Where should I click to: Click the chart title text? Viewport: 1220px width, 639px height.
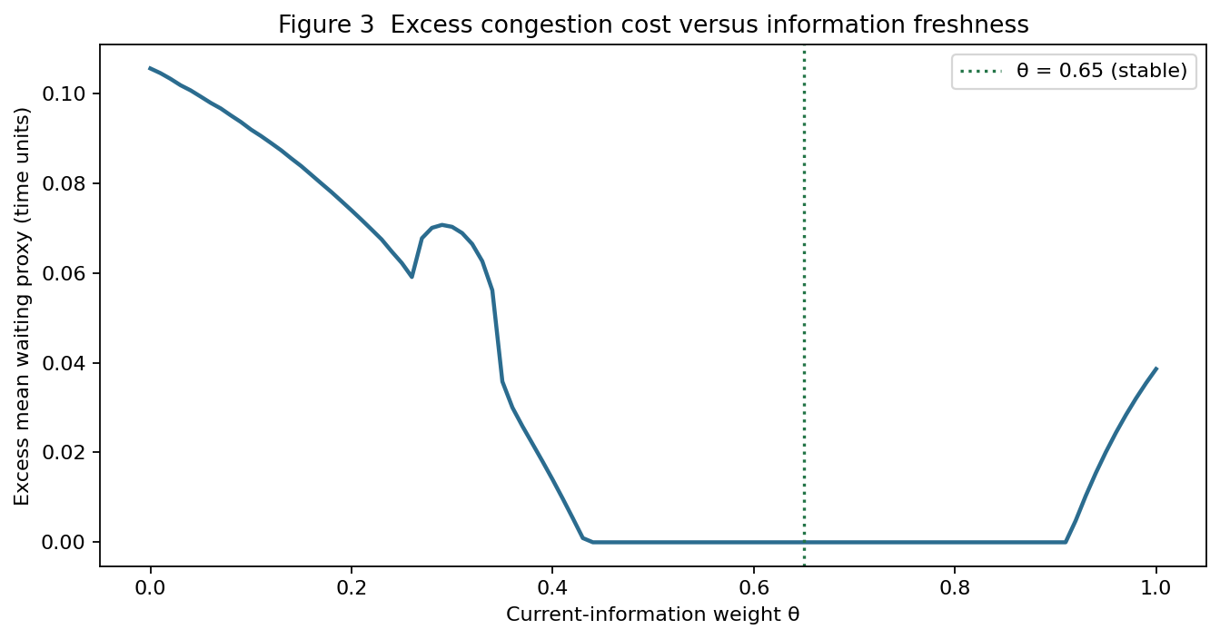(x=653, y=25)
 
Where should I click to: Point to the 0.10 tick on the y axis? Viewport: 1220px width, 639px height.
(x=64, y=93)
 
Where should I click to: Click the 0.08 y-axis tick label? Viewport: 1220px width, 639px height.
(x=64, y=183)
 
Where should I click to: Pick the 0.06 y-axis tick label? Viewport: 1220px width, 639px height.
(x=64, y=273)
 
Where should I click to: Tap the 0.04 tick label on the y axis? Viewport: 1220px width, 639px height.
(x=64, y=362)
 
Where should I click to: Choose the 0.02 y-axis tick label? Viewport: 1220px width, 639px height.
(x=64, y=452)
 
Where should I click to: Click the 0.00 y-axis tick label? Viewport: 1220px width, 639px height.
(x=64, y=542)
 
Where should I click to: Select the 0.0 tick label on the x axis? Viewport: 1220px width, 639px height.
(x=150, y=588)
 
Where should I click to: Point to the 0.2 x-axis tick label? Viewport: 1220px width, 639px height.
(x=352, y=588)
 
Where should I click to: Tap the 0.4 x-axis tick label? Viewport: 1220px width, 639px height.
(x=552, y=588)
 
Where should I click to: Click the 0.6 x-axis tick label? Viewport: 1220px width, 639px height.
(x=754, y=588)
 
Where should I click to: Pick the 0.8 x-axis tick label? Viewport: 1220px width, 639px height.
(x=955, y=588)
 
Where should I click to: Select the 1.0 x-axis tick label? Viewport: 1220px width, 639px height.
(x=1156, y=588)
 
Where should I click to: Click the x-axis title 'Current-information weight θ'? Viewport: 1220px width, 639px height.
(x=652, y=614)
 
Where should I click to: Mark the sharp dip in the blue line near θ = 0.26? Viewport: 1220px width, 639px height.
(x=412, y=277)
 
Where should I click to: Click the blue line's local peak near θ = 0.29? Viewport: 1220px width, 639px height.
(x=442, y=224)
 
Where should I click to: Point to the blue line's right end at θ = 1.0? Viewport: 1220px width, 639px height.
(x=1156, y=369)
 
